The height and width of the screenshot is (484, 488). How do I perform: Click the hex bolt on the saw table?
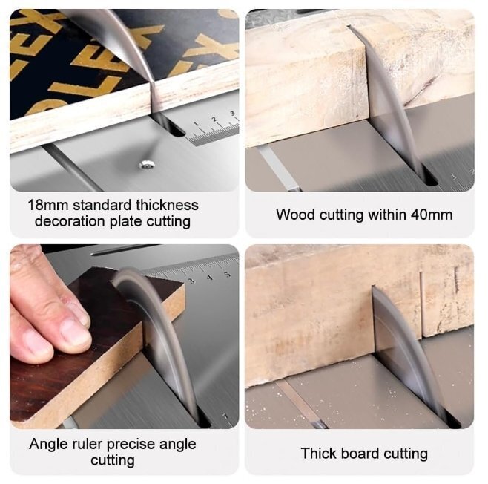tap(147, 165)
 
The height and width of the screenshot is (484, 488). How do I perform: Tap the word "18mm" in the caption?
tap(48, 205)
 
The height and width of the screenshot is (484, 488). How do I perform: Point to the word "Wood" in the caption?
tap(295, 215)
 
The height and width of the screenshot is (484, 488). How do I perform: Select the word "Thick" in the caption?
tap(319, 454)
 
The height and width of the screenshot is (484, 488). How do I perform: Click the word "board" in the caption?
tap(360, 454)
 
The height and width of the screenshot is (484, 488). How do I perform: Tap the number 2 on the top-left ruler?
tap(214, 120)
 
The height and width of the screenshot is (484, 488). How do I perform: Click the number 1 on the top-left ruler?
tap(196, 124)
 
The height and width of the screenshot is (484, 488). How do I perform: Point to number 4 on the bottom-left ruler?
tap(210, 278)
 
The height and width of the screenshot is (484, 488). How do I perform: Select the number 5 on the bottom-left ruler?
tap(228, 275)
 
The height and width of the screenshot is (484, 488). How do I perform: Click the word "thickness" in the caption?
tap(167, 205)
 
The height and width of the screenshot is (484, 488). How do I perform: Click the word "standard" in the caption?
tap(102, 205)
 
